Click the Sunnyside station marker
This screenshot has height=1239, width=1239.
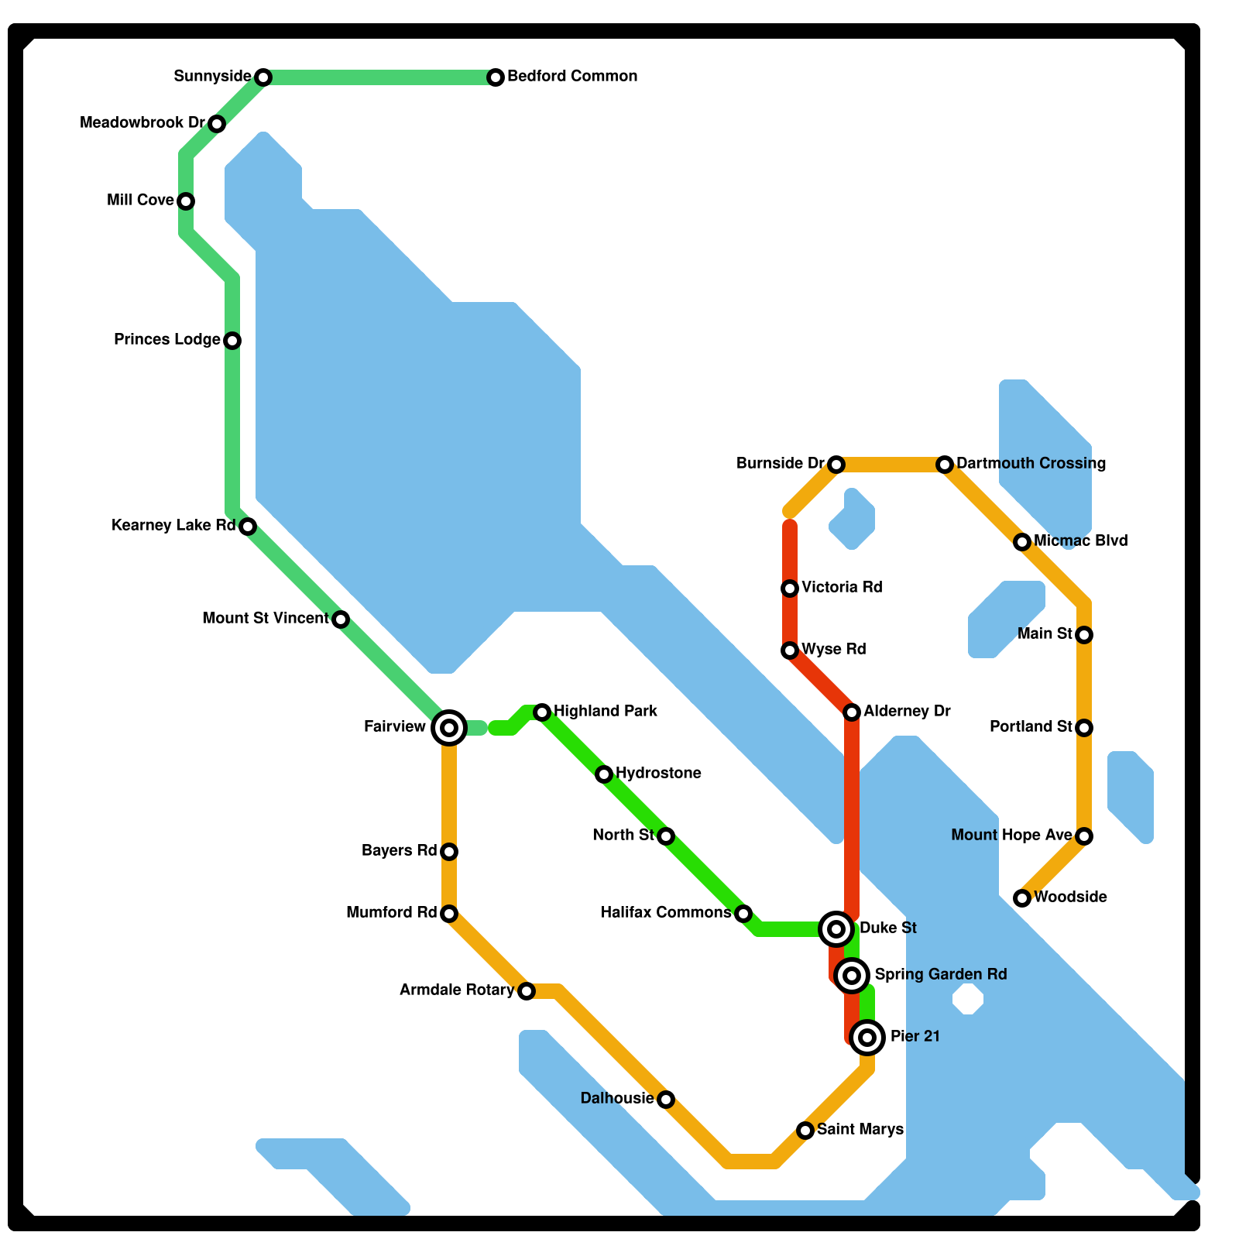tap(263, 77)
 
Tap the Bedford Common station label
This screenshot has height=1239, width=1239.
tap(572, 77)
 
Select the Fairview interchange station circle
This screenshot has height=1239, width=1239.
tap(449, 728)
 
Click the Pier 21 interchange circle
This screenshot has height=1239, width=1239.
tap(867, 1037)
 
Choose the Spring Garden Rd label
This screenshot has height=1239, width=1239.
tap(940, 975)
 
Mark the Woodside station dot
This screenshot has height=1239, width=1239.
tap(1022, 898)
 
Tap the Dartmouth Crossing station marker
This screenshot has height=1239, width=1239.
tap(944, 465)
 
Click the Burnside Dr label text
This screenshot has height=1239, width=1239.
tap(781, 464)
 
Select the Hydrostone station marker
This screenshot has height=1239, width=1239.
tap(604, 774)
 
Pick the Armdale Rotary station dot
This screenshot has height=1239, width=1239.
tap(527, 991)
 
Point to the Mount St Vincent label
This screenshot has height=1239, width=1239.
tap(266, 619)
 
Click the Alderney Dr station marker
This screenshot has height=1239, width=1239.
tap(852, 712)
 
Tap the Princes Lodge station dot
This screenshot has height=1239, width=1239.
tap(232, 341)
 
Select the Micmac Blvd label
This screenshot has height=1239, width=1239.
tap(1080, 541)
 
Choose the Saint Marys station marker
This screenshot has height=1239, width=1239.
tap(805, 1131)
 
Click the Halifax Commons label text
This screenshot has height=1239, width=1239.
tap(666, 913)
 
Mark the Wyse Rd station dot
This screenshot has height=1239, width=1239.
tap(790, 650)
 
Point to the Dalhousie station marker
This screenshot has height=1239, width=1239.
tap(666, 1100)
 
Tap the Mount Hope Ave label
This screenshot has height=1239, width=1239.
tap(1011, 836)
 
